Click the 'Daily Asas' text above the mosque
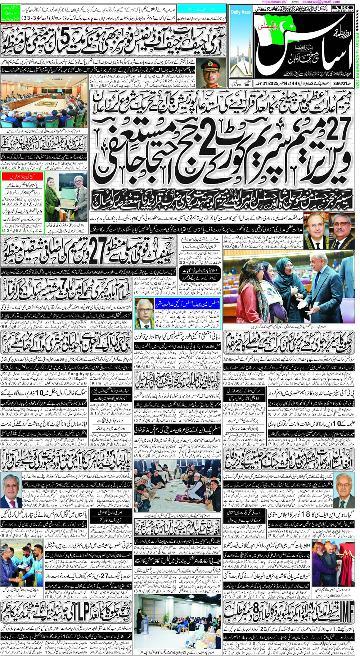point(241,12)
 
